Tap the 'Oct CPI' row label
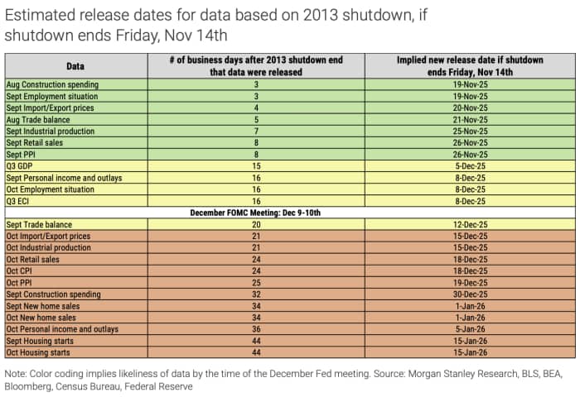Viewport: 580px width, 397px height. [x=22, y=270]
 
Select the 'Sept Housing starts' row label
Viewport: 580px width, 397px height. [x=41, y=341]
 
